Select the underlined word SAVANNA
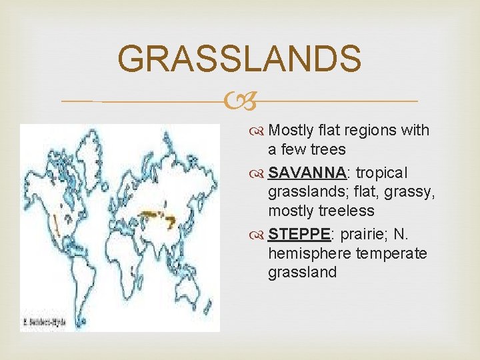[x=307, y=173]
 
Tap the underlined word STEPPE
[x=299, y=235]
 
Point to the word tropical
[x=381, y=173]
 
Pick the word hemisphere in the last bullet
[x=309, y=254]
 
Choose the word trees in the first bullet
[x=326, y=149]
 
